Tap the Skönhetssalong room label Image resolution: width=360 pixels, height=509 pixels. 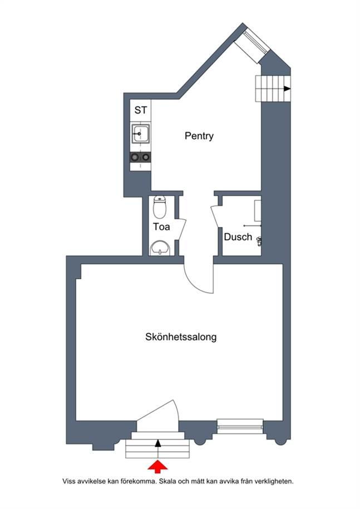[x=181, y=337]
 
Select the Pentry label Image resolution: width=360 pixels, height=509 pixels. [x=199, y=136]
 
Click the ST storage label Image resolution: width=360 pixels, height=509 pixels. [x=141, y=110]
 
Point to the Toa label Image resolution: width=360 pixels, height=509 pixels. [x=161, y=226]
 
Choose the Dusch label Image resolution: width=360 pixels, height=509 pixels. [x=238, y=236]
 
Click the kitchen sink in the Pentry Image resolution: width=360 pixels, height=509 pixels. [x=141, y=134]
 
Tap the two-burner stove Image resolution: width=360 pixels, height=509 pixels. [x=140, y=157]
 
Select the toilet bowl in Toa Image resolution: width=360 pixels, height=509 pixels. [x=159, y=207]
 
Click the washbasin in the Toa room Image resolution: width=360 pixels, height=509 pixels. [x=160, y=248]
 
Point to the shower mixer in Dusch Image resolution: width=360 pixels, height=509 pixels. [x=259, y=240]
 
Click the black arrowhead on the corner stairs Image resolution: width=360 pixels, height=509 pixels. [x=287, y=88]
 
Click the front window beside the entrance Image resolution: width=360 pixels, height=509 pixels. [x=240, y=426]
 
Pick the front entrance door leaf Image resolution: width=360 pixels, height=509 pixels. [x=156, y=412]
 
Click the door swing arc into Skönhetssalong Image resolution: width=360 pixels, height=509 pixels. [x=195, y=282]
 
